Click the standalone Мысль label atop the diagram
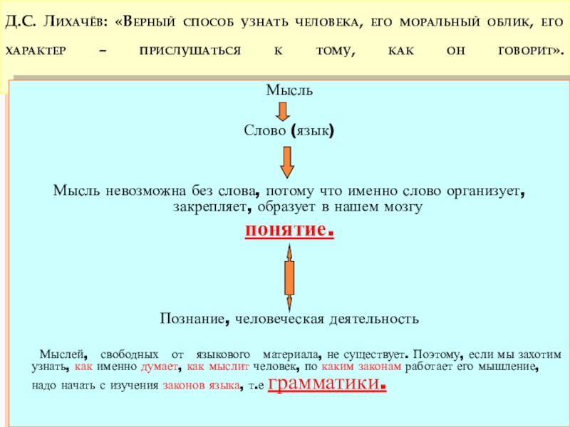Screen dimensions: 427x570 [x=289, y=90]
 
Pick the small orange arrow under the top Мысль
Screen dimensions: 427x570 [x=282, y=111]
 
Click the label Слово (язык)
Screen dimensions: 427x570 [x=289, y=132]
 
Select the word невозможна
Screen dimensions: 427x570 [x=146, y=191]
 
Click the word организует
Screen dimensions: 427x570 [x=485, y=191]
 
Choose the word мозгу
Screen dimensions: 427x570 [x=403, y=207]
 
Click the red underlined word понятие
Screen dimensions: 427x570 [x=289, y=231]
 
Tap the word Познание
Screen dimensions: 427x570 [x=193, y=319]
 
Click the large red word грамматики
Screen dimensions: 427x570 [x=327, y=384]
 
